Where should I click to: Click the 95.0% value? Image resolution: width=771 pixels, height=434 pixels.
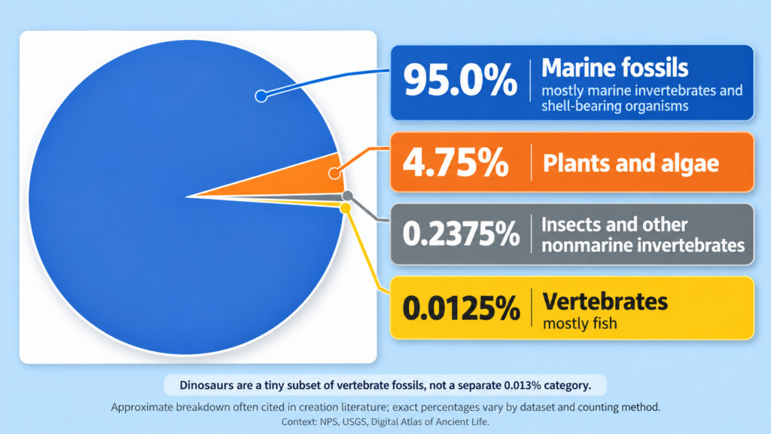(x=460, y=80)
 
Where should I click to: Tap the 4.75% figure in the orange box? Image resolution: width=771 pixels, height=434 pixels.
(x=456, y=162)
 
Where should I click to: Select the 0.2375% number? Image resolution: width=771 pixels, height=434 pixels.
(x=462, y=233)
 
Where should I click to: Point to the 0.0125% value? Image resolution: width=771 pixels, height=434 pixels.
(x=462, y=308)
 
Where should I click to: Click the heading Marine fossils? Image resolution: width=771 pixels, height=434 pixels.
(x=614, y=67)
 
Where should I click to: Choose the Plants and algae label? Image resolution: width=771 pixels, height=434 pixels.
(x=631, y=163)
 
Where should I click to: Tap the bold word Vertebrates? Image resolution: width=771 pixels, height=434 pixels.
(x=605, y=301)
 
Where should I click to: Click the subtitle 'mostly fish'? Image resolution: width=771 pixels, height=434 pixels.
(x=580, y=324)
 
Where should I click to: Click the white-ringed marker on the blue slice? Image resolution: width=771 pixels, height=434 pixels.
(x=261, y=96)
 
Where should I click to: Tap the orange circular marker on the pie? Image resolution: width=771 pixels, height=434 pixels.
(x=334, y=173)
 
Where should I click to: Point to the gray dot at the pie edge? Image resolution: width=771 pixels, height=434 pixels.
(x=348, y=196)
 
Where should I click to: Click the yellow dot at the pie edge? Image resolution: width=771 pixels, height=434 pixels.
(x=346, y=209)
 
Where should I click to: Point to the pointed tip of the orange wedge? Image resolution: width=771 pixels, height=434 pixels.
(x=187, y=197)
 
